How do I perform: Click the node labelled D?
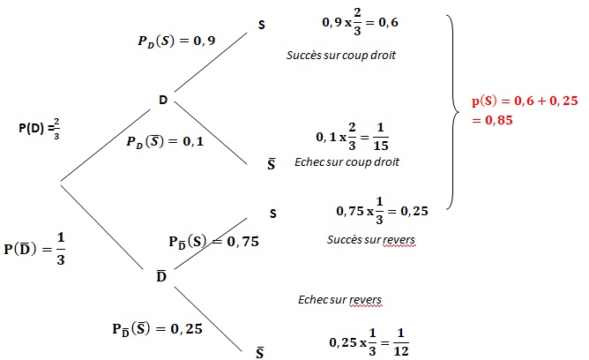[x=163, y=100]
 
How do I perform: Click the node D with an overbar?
[x=161, y=277]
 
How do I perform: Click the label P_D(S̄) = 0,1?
[x=165, y=141]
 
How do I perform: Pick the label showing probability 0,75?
[x=213, y=240]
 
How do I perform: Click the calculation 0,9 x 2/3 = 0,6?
[x=362, y=23]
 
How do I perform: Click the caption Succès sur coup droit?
[x=341, y=55]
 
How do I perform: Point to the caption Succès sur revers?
[x=370, y=239]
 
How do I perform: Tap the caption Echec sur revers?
[x=340, y=300]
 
